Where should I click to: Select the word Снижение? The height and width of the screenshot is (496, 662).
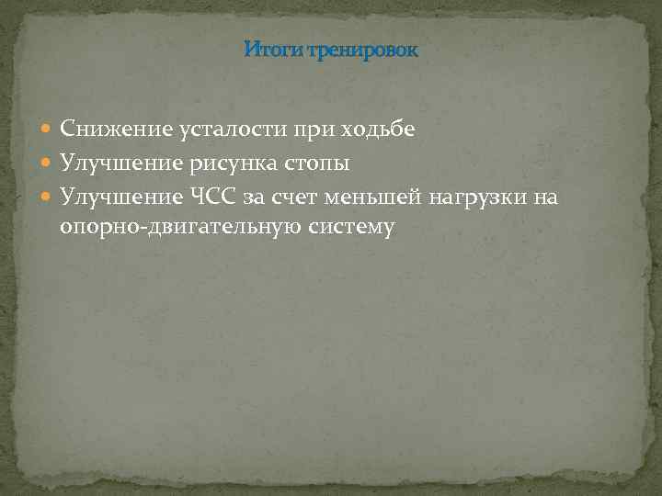pos(105,130)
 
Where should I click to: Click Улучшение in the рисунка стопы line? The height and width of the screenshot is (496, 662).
pos(112,163)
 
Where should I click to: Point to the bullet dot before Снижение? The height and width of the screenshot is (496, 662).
pos(48,131)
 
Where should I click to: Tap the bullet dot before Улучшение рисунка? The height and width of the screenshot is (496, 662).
pos(48,164)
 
